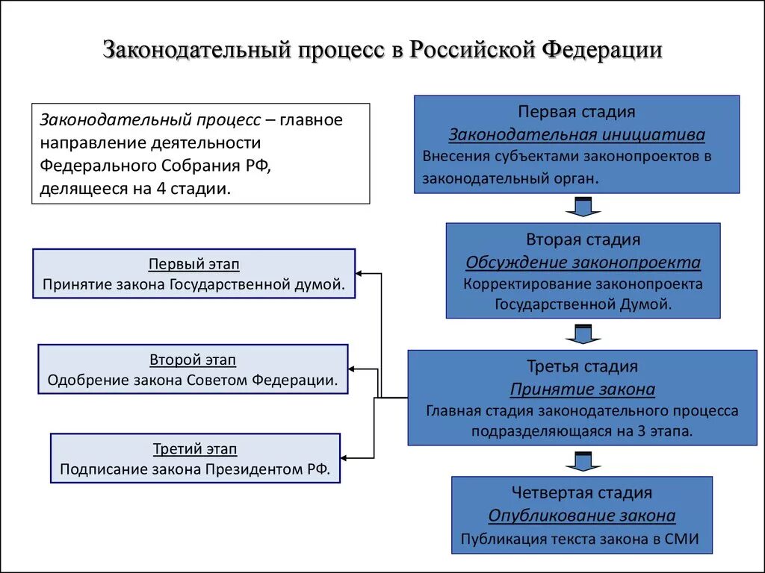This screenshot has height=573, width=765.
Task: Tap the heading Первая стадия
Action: tap(577, 112)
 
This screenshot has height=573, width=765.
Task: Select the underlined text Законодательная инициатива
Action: tap(577, 135)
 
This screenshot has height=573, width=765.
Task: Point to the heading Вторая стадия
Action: tap(583, 239)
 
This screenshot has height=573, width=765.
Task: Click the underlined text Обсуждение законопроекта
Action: tap(583, 263)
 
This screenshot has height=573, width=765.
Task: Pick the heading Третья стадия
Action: tap(582, 366)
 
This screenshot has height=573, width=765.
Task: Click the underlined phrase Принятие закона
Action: tap(582, 389)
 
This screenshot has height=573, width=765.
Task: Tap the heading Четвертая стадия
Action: tap(582, 492)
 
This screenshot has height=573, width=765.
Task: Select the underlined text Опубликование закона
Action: tap(582, 516)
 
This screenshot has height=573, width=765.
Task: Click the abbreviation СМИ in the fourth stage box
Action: tap(681, 539)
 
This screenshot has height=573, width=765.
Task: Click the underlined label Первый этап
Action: tap(194, 264)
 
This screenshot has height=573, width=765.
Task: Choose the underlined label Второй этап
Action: tap(193, 360)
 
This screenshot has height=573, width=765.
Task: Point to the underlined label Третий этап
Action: tap(195, 449)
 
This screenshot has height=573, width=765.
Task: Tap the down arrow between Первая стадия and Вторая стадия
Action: tap(580, 207)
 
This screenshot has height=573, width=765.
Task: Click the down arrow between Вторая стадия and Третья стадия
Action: tap(580, 334)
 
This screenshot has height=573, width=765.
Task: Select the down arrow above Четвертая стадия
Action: tap(580, 461)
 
